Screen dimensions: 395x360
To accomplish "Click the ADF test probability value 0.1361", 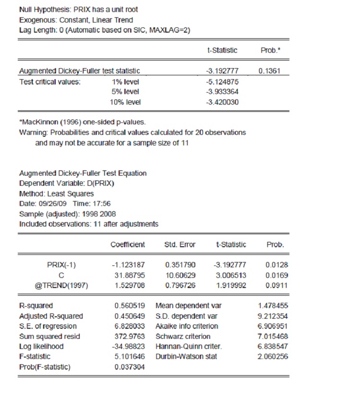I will (269, 71).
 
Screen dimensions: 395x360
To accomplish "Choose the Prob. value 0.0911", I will (276, 285).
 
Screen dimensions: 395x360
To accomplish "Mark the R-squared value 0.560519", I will (130, 306).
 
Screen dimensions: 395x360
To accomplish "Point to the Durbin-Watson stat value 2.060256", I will (272, 357).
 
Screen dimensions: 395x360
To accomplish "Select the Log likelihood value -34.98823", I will (130, 347).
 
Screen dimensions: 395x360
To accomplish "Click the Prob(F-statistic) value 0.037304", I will (130, 367).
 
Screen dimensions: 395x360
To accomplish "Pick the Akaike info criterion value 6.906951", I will (272, 326).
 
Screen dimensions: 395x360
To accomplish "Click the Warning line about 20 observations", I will (132, 132).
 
